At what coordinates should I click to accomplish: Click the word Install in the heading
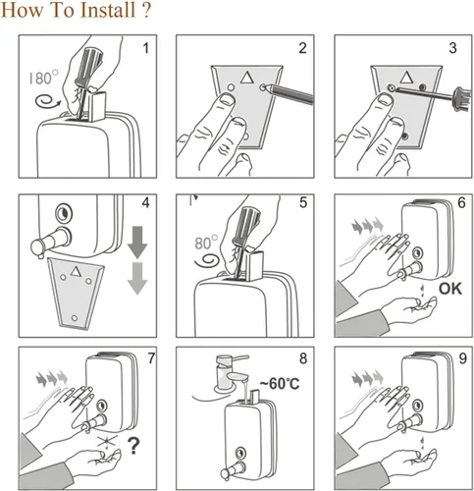pos(108,10)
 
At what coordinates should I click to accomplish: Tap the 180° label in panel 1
pos(43,78)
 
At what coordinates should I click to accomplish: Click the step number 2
pos(302,48)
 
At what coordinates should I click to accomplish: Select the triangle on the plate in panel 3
pos(406,78)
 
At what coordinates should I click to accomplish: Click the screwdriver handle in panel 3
pos(463,98)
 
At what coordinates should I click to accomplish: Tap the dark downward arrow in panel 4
pos(137,242)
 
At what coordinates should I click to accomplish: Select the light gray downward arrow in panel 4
pos(137,279)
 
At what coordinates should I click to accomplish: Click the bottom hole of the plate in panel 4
pos(75,318)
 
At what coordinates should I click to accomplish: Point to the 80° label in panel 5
pos(206,244)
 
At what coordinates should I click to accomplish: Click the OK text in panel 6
pos(450,289)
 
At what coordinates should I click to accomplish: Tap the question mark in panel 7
pos(133,446)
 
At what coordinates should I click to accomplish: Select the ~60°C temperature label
pos(280,383)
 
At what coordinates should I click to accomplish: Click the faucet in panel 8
pos(230,372)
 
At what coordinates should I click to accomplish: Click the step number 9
pos(462,358)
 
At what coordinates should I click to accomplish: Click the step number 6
pos(461,203)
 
